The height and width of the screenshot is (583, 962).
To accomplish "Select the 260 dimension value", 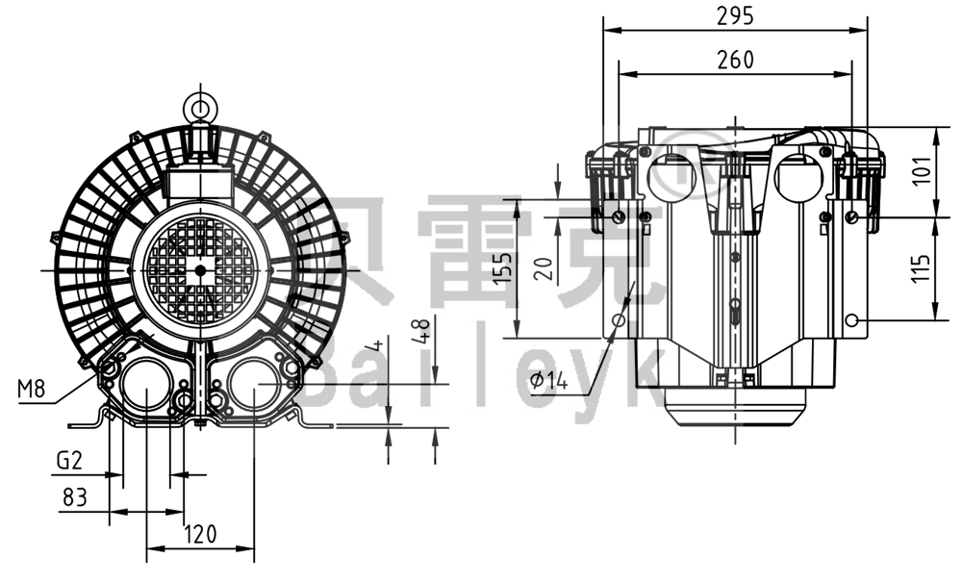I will [736, 59].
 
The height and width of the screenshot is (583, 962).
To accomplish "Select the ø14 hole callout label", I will [549, 381].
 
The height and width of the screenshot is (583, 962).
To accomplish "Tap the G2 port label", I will [68, 461].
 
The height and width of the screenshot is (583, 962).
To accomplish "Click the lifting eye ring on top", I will [201, 104].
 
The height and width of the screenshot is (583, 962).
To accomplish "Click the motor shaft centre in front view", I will [200, 270].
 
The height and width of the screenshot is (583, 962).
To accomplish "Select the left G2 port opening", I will [144, 389].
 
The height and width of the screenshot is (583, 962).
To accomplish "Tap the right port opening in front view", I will [254, 389].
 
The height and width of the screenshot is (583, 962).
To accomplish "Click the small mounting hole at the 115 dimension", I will [851, 320].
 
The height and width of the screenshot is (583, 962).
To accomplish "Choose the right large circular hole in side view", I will [797, 179].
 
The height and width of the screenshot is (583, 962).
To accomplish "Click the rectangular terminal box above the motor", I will [201, 180].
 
